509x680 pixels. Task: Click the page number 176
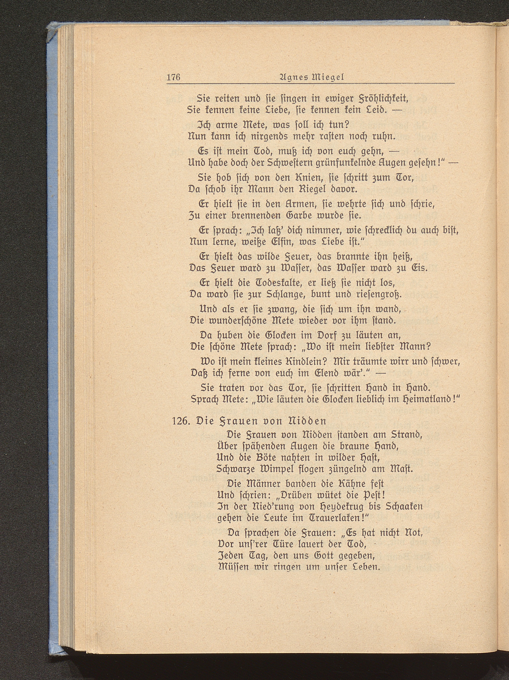(173, 77)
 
